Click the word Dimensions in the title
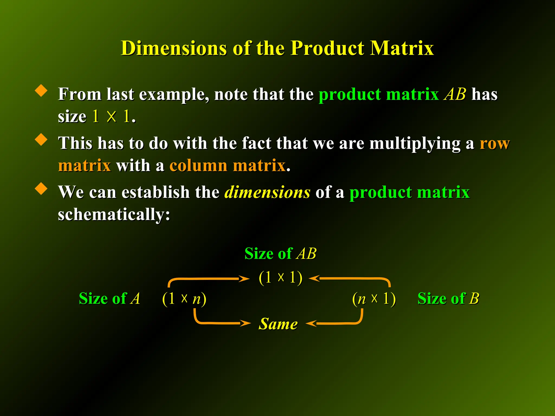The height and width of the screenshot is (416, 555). pos(174,48)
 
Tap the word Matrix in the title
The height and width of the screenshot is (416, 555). pos(402,48)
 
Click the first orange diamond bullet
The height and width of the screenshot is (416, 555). pos(41,90)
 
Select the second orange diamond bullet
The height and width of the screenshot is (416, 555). pos(41,139)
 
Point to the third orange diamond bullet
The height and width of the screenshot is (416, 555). pos(41,188)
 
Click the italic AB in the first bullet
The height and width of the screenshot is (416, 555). pos(455,94)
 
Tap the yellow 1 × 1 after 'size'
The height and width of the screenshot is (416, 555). pos(111,116)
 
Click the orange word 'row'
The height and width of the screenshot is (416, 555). pos(495,143)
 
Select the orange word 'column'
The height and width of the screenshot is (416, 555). pos(198,165)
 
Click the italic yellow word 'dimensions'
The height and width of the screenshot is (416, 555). pos(267,192)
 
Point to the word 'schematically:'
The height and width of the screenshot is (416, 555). pos(114,214)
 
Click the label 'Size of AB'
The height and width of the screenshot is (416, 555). pos(280,254)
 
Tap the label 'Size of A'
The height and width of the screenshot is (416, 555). pos(109,298)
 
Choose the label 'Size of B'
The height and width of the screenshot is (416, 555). pos(448,298)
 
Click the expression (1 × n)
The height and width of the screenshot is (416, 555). pos(184,299)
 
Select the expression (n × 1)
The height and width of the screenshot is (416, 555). pos(374,299)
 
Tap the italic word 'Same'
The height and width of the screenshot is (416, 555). pos(278,324)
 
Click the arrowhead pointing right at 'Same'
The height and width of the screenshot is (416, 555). pos(246,323)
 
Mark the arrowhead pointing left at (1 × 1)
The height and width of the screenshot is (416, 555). pos(314,278)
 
